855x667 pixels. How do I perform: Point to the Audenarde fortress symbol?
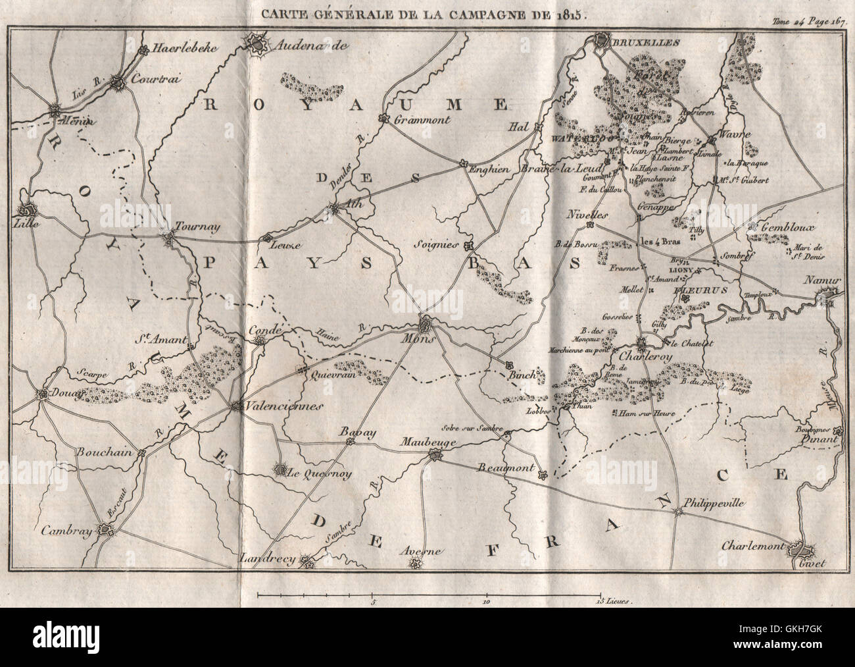tap(255, 43)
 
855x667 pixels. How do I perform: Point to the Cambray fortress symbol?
tap(104, 529)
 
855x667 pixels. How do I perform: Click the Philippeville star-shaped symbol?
tap(677, 511)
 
